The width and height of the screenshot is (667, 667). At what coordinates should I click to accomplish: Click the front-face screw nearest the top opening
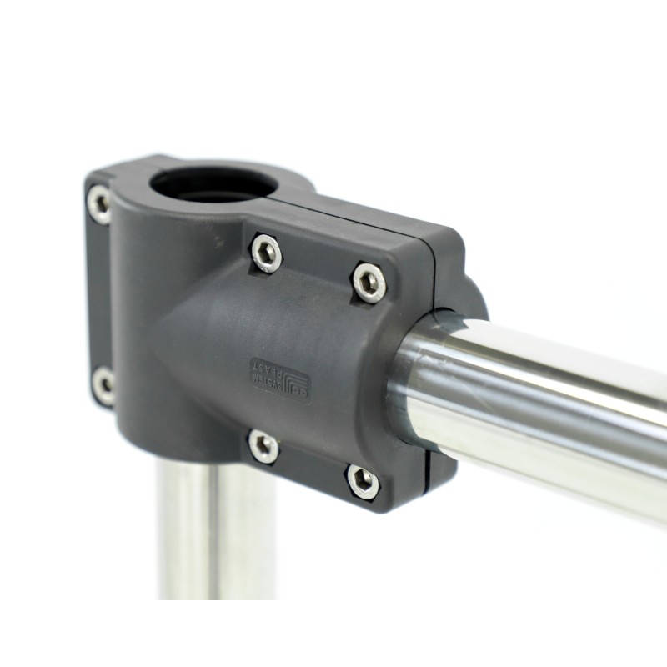coord(266,253)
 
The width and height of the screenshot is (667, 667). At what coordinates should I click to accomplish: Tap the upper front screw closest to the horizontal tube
coord(369,282)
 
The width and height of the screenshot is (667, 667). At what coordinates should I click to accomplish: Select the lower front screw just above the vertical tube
coord(263,446)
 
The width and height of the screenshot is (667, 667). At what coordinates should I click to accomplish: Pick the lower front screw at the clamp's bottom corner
coord(362,481)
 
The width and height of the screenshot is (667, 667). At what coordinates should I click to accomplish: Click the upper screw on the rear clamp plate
coord(99,203)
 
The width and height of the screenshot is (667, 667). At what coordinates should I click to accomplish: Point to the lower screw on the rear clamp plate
coord(103,385)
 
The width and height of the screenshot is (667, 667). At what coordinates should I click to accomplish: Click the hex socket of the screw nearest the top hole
coord(266,253)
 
